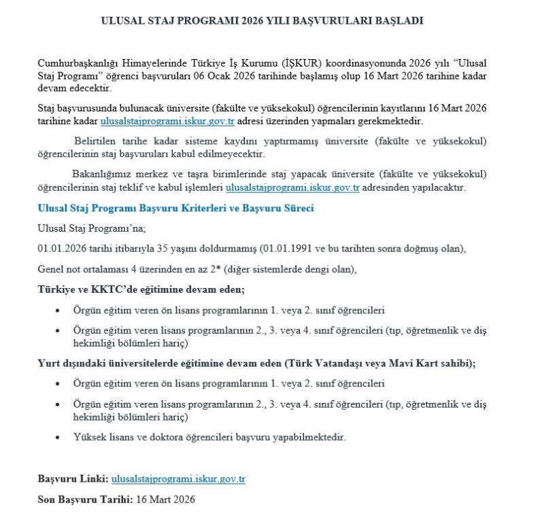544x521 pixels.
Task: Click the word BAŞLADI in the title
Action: click(x=398, y=21)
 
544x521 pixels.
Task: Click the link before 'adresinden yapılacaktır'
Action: click(x=292, y=187)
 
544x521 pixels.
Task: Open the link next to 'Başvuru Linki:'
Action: click(x=177, y=479)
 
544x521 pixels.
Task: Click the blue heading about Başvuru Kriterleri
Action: click(x=175, y=209)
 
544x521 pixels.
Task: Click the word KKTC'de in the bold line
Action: click(x=95, y=289)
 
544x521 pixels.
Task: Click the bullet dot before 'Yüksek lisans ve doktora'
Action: click(x=57, y=437)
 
